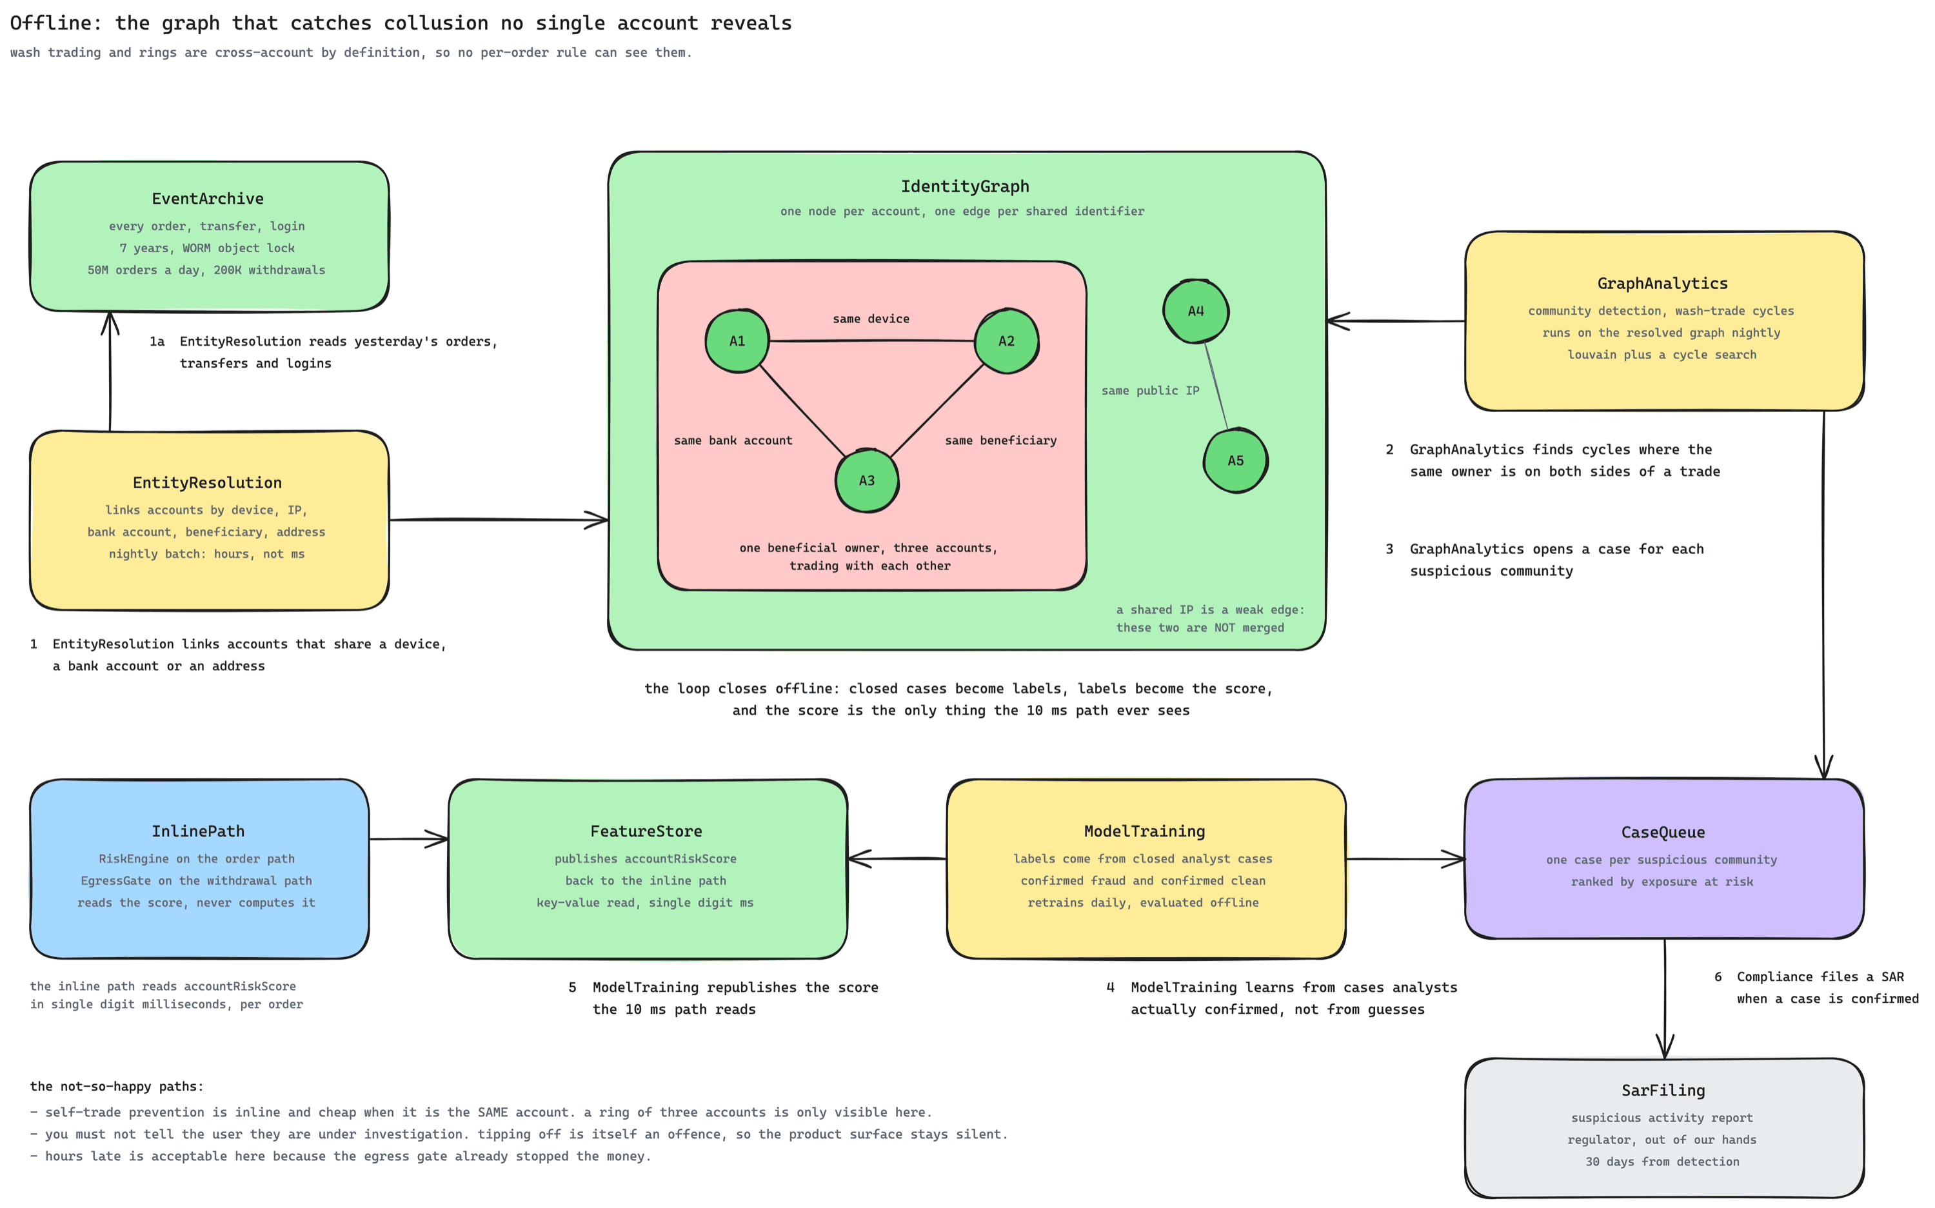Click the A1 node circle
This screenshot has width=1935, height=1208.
pyautogui.click(x=737, y=341)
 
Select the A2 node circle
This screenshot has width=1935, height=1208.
pyautogui.click(x=1007, y=341)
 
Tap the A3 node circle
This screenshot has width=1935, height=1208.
pyautogui.click(x=867, y=480)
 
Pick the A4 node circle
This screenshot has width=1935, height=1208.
pyautogui.click(x=1196, y=311)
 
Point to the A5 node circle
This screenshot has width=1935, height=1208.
pyautogui.click(x=1236, y=460)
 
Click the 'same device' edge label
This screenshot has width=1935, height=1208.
pyautogui.click(x=871, y=319)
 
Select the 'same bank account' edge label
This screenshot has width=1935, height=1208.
pyautogui.click(x=733, y=441)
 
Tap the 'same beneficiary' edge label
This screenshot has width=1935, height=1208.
pyautogui.click(x=1000, y=441)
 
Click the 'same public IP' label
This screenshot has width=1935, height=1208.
pyautogui.click(x=1151, y=391)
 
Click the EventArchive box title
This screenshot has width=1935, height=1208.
pyautogui.click(x=208, y=199)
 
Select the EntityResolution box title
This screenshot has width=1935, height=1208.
pyautogui.click(x=207, y=482)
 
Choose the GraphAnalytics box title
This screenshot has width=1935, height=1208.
pyautogui.click(x=1663, y=284)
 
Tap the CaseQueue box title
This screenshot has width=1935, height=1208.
pyautogui.click(x=1663, y=833)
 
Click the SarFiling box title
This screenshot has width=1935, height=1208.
pyautogui.click(x=1663, y=1091)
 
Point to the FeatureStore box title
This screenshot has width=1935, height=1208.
pyautogui.click(x=646, y=832)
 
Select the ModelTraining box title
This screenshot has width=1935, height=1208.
pyautogui.click(x=1145, y=832)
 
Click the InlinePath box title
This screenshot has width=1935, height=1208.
pyautogui.click(x=198, y=832)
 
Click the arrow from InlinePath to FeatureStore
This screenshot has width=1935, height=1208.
pyautogui.click(x=409, y=839)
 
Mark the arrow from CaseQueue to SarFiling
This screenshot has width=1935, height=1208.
pyautogui.click(x=1665, y=998)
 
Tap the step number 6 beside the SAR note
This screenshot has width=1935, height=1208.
pyautogui.click(x=1718, y=977)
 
